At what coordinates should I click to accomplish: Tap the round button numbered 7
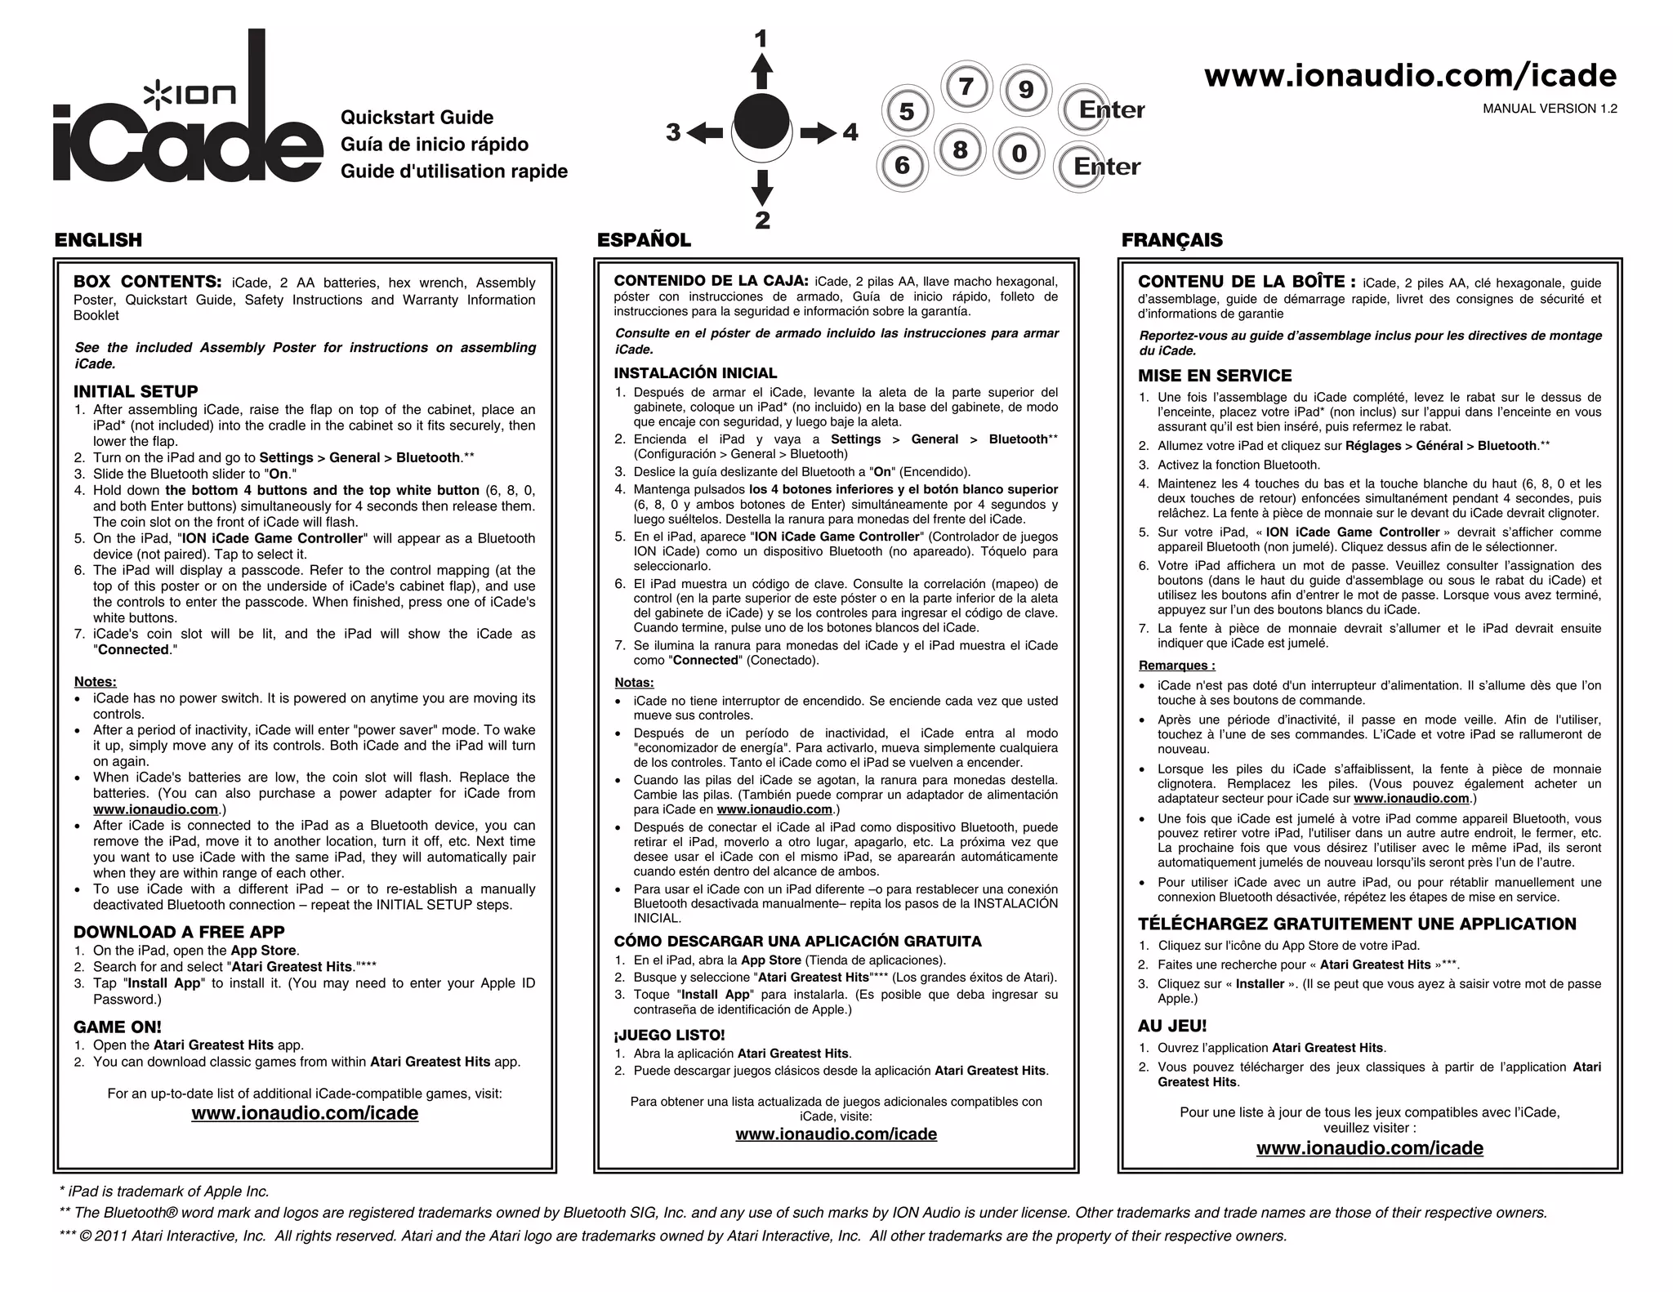[x=966, y=87]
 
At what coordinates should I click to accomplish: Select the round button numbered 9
[x=1026, y=89]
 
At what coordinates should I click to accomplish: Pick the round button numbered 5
[x=906, y=111]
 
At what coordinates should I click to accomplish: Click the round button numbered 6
[x=902, y=166]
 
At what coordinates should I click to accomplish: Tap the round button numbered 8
[x=960, y=150]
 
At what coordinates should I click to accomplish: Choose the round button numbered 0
[x=1019, y=154]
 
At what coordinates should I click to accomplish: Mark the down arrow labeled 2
[x=761, y=188]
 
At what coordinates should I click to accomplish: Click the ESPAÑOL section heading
[x=644, y=240]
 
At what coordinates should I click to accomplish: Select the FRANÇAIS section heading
[x=1171, y=240]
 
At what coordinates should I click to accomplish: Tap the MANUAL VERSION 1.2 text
[x=1550, y=109]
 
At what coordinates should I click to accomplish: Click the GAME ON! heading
[x=118, y=1027]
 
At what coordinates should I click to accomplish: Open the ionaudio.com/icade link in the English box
[x=305, y=1113]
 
